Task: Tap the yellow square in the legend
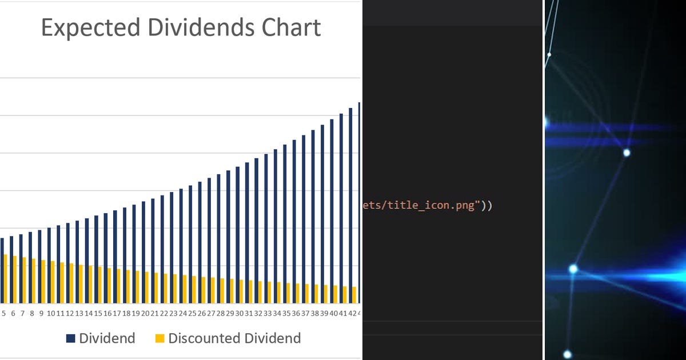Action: tap(159, 339)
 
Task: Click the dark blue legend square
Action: tap(71, 339)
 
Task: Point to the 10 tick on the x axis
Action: tap(51, 313)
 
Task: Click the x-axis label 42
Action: tap(353, 313)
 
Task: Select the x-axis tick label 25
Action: tap(192, 313)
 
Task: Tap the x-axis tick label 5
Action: tap(3, 313)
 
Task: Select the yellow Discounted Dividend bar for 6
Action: tap(15, 280)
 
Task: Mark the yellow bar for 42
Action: tap(354, 295)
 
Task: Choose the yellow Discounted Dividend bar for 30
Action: tap(241, 291)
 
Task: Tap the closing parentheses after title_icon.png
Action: tap(485, 206)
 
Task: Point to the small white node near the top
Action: tap(549, 55)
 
